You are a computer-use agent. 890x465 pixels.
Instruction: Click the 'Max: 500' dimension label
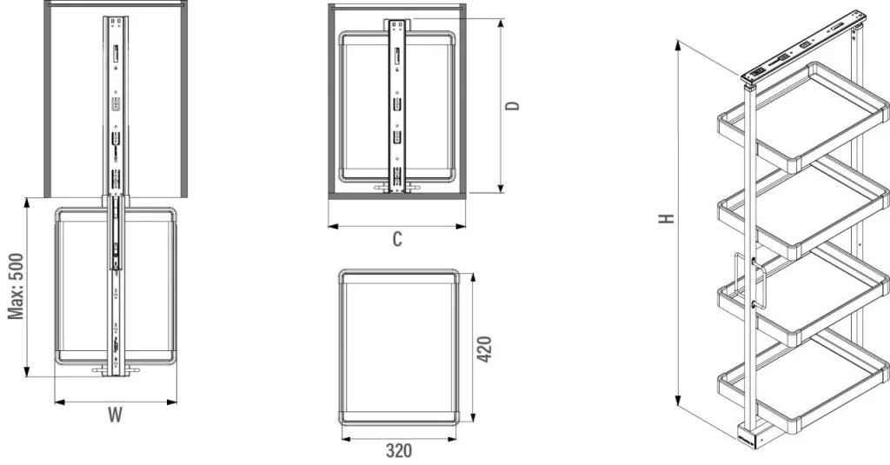click(x=16, y=286)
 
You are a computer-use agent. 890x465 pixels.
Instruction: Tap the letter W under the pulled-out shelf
click(x=116, y=415)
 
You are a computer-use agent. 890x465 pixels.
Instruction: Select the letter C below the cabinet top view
click(x=397, y=239)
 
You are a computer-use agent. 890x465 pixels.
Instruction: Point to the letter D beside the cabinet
click(x=513, y=106)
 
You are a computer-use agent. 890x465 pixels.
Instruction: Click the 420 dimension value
click(x=484, y=349)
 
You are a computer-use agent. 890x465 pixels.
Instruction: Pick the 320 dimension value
click(x=399, y=451)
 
